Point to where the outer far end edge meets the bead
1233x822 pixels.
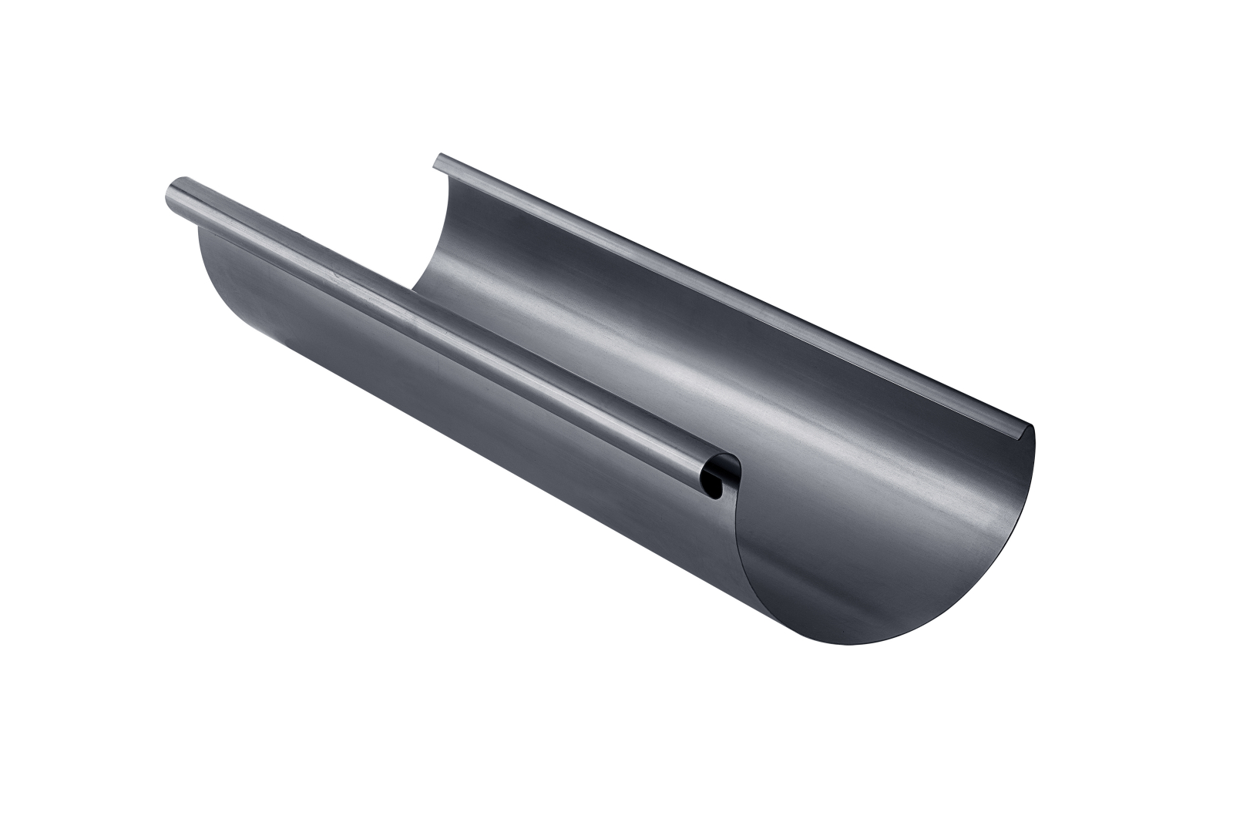[x=199, y=228]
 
